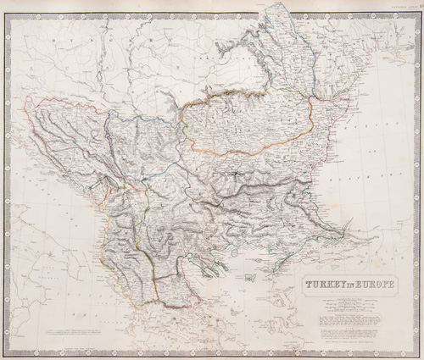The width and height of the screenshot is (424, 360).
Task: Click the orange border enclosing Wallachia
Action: click(246, 152)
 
